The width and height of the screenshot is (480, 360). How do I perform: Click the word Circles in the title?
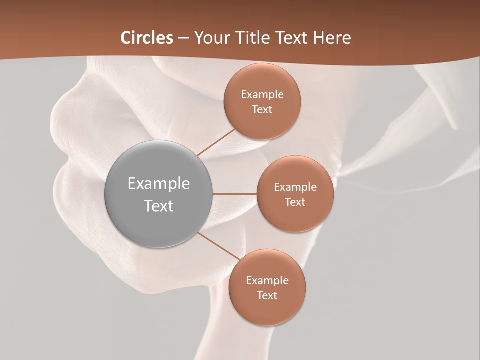[147, 38]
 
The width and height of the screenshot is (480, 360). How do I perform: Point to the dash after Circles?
[183, 38]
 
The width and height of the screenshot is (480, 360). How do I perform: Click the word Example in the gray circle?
[159, 184]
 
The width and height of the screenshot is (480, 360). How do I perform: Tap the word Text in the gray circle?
[159, 206]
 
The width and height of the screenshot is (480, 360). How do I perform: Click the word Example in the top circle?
[262, 95]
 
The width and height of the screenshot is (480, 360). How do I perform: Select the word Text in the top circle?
[262, 109]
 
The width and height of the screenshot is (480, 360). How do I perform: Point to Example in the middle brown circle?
[295, 187]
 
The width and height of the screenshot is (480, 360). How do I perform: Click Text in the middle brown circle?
[295, 202]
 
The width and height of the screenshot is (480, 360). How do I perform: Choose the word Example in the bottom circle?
[267, 281]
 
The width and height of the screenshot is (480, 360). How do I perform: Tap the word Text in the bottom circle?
[267, 295]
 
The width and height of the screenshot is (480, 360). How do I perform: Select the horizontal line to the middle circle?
[234, 194]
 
